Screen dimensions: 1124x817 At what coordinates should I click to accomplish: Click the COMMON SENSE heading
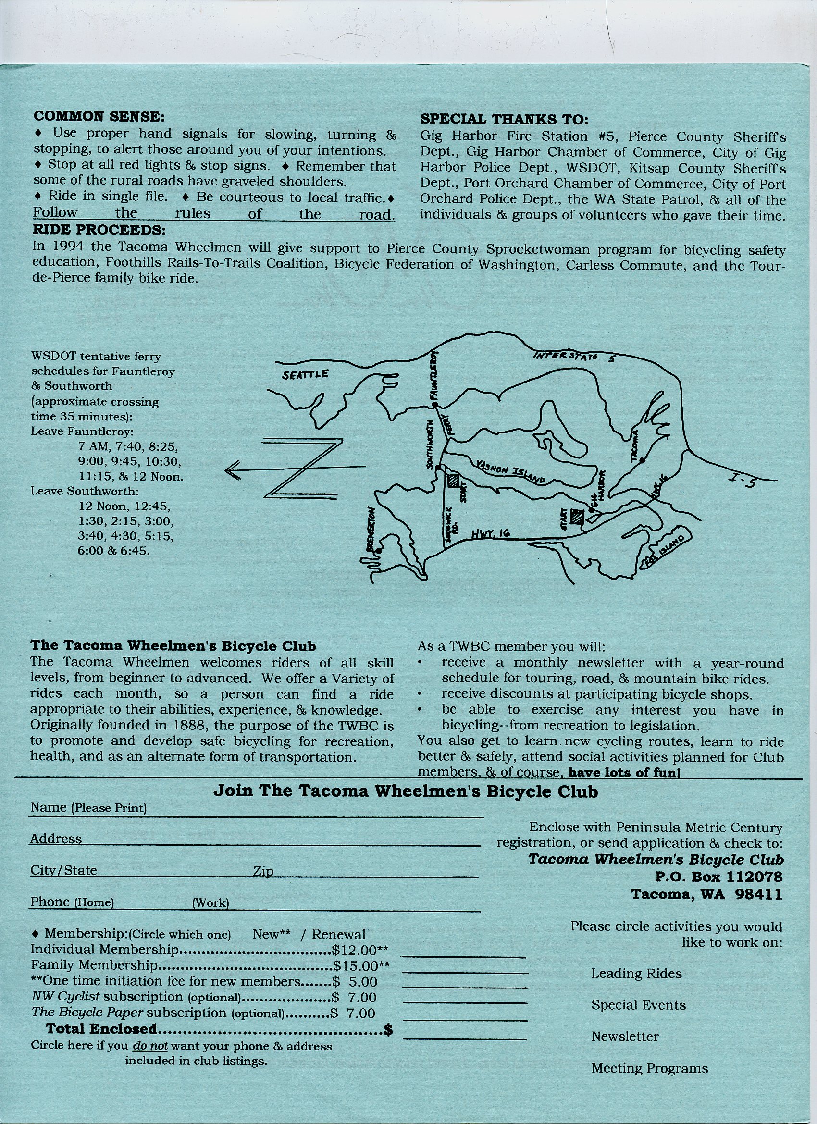(x=98, y=116)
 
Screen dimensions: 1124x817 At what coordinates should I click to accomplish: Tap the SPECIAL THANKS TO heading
(x=504, y=120)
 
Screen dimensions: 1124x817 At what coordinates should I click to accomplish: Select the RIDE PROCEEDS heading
(x=99, y=230)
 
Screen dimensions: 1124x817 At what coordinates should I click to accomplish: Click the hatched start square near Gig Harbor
(x=577, y=517)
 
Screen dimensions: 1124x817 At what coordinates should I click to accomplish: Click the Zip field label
(x=263, y=871)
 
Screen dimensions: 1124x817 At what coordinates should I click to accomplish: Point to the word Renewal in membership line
(x=339, y=935)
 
